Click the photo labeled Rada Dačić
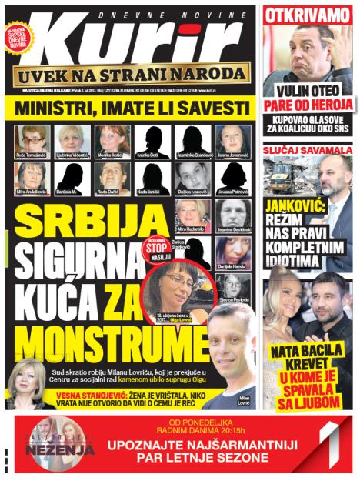(112, 176)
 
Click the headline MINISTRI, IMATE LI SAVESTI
(131, 107)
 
